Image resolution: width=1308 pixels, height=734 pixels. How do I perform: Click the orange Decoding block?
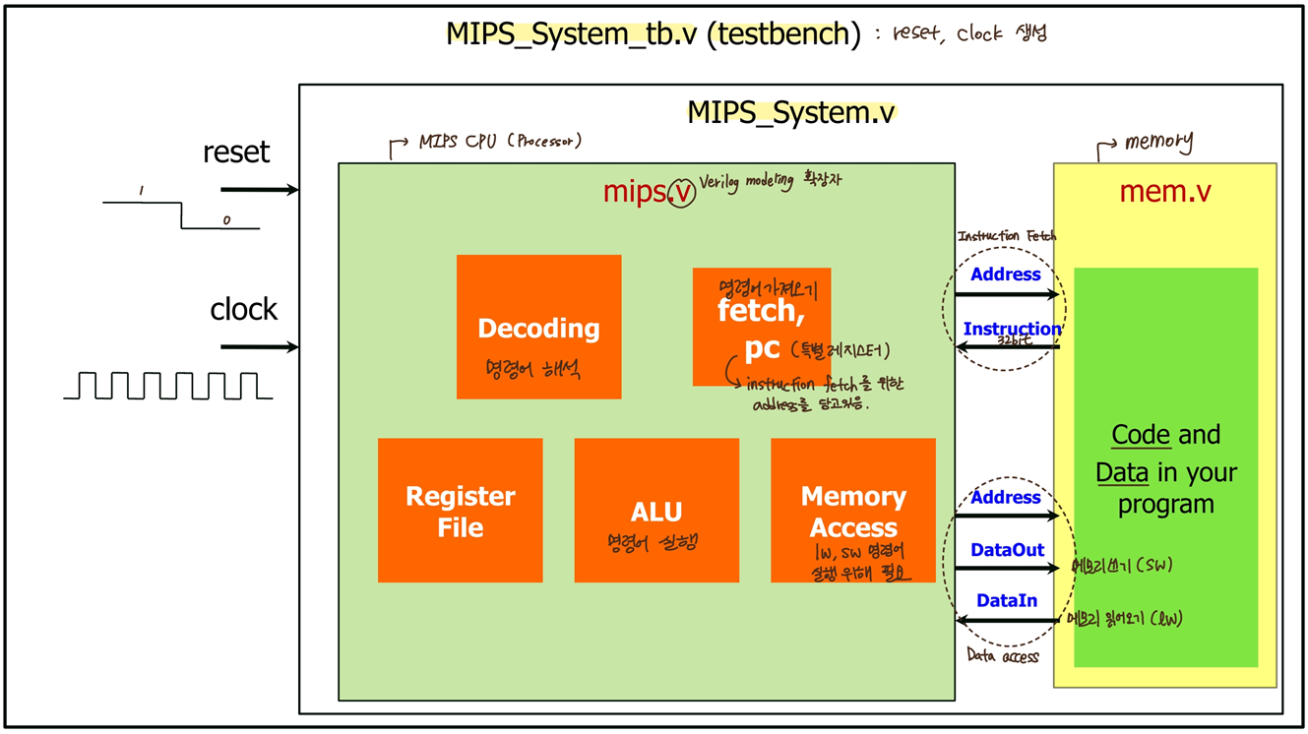[x=538, y=327]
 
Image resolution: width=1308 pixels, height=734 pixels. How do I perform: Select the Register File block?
[x=460, y=510]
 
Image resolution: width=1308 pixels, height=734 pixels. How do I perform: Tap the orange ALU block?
[x=655, y=510]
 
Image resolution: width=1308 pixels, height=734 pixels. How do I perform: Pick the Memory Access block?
[x=852, y=510]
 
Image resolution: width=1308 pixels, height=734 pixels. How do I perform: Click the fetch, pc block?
[x=761, y=327]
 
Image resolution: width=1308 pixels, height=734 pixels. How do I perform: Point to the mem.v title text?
[x=1164, y=191]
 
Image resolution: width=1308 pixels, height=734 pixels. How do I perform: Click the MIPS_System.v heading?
[x=790, y=112]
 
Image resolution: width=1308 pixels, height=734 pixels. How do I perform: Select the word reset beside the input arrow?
[x=236, y=153]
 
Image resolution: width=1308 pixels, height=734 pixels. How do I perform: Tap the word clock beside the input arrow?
[x=244, y=310]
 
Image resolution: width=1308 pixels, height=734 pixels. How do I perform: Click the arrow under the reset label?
[x=260, y=189]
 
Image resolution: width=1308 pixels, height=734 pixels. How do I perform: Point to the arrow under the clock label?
[x=260, y=346]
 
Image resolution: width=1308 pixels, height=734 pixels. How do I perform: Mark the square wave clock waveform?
[x=167, y=385]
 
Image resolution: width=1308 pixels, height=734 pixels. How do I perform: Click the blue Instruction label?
[x=1012, y=329]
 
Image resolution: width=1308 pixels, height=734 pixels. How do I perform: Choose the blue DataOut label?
[x=1007, y=551]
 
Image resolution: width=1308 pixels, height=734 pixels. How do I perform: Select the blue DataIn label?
[x=1006, y=600]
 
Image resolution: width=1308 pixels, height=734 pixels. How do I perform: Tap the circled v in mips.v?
[x=679, y=193]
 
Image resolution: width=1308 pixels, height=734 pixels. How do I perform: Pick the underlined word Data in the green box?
[x=1122, y=473]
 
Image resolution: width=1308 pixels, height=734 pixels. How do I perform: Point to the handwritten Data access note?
[x=1002, y=656]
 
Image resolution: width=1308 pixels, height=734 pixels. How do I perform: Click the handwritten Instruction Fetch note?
[x=1006, y=236]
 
